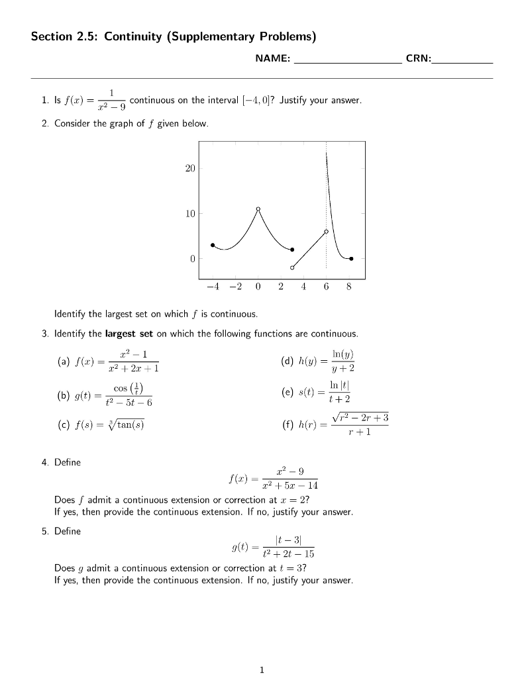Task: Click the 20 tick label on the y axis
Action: click(x=190, y=169)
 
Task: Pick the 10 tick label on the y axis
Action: click(x=190, y=214)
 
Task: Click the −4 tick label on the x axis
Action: click(x=211, y=287)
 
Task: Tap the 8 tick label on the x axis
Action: click(x=349, y=287)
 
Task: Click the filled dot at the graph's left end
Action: click(x=213, y=245)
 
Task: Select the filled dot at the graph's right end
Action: click(x=351, y=258)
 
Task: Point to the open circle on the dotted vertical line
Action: click(x=326, y=232)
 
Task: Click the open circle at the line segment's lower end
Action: click(x=292, y=267)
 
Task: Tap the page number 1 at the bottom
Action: click(x=262, y=669)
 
